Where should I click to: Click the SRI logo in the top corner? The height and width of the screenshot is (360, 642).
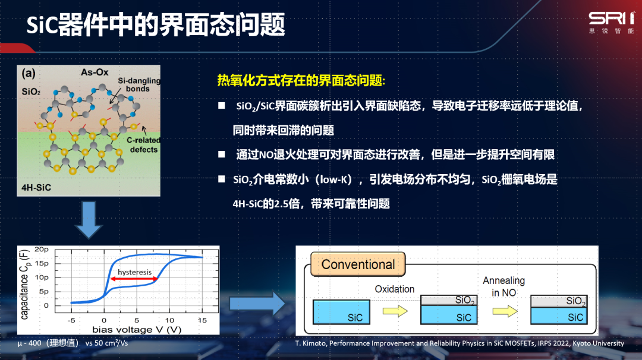[612, 23]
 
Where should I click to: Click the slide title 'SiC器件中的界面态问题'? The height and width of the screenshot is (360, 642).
[156, 24]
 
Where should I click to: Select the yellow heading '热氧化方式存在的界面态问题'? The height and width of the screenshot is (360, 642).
[301, 80]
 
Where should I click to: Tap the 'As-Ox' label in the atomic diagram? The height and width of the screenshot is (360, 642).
[95, 72]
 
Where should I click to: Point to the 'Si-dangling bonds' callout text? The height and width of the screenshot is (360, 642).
[139, 85]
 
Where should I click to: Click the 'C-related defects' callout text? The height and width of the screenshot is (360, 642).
[143, 145]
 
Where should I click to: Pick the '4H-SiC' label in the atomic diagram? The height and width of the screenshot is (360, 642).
[36, 188]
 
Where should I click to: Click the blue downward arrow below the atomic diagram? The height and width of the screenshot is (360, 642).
[89, 220]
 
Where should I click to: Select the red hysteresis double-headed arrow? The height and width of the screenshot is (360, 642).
[134, 279]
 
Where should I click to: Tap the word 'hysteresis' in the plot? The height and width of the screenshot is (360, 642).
[134, 272]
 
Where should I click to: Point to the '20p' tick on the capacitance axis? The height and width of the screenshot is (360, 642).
[42, 249]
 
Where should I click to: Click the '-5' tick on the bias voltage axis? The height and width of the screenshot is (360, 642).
[71, 320]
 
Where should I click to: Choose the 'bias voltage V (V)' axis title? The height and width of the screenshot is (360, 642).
[137, 329]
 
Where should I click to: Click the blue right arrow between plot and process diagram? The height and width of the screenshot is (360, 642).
[257, 304]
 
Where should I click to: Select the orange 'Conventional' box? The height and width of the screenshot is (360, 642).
[358, 264]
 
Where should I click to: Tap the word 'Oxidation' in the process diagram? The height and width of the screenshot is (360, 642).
[395, 289]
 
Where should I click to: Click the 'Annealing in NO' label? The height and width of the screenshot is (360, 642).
[503, 286]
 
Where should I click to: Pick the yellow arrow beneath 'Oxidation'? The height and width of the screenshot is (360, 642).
[395, 311]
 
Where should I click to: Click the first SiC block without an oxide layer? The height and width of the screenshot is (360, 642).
[341, 312]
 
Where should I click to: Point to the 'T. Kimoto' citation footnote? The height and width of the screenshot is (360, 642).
[460, 343]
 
